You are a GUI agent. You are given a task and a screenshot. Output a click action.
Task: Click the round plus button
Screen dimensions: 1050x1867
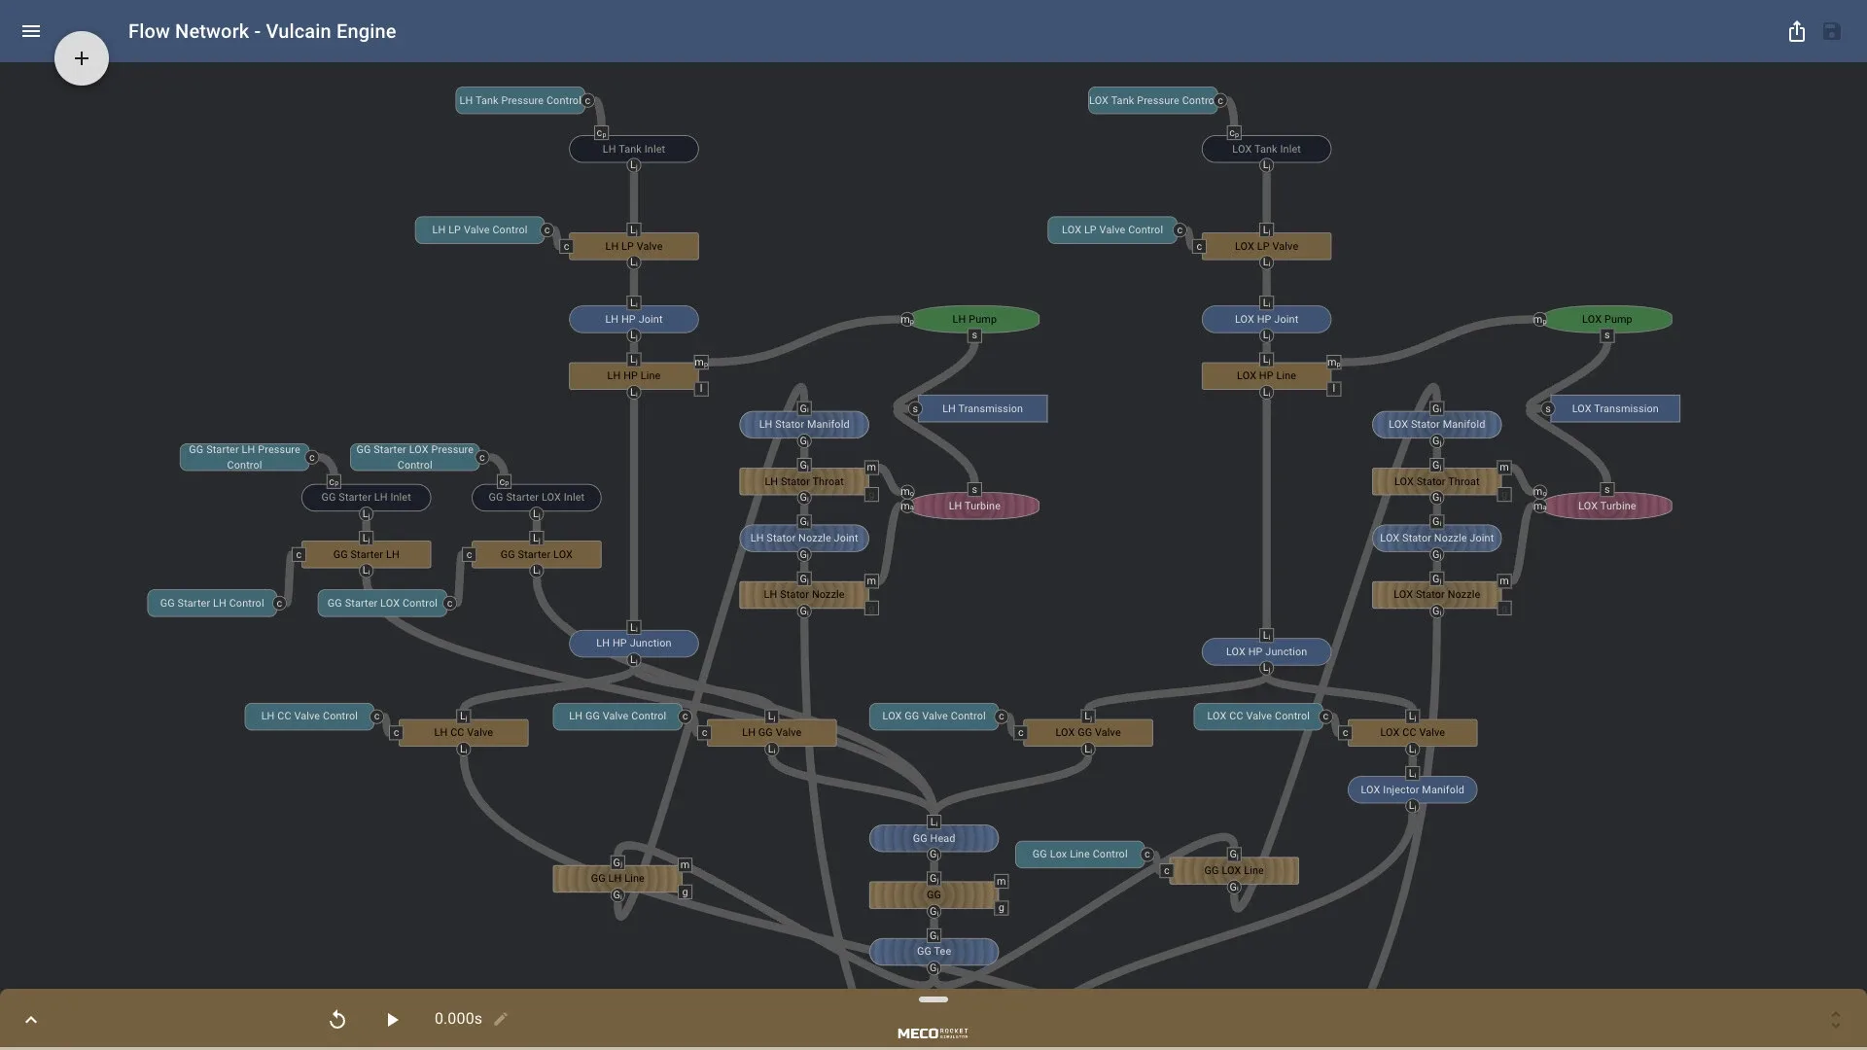82,58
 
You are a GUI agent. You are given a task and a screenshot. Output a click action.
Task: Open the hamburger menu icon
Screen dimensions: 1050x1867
31,31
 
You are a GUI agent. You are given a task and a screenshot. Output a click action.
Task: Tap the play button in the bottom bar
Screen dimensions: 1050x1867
392,1019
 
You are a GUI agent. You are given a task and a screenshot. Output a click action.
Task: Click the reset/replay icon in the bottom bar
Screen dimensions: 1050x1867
337,1019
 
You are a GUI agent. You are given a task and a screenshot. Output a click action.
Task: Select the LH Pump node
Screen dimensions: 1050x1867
974,319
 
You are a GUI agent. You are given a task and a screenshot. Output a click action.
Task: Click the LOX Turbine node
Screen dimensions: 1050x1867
1606,506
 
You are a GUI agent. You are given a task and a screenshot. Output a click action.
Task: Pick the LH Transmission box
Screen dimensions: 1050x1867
982,408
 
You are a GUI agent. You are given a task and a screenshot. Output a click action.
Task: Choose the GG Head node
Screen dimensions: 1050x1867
933,838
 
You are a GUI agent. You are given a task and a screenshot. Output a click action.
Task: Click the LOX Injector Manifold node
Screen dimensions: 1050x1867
1412,789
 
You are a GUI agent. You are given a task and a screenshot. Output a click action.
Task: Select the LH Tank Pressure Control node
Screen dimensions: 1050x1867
519,100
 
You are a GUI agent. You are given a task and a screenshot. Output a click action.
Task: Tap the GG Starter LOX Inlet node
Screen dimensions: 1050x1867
536,497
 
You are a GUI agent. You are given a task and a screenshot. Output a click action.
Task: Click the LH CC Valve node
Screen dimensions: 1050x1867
463,732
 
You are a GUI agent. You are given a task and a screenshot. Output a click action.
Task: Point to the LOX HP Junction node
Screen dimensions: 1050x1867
1266,651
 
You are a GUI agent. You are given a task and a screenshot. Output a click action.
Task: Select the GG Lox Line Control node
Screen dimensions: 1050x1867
1079,854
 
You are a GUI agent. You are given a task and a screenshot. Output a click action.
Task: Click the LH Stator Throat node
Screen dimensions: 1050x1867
803,481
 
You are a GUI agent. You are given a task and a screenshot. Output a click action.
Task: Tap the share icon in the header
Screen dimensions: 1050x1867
1796,31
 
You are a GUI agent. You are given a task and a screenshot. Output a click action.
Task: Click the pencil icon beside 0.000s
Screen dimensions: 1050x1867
501,1019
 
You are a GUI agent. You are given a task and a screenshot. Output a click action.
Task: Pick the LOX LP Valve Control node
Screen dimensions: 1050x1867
1111,229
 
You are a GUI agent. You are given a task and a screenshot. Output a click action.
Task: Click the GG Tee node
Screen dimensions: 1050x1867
933,951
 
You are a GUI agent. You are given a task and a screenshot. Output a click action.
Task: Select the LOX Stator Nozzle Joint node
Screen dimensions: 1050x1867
1436,538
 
